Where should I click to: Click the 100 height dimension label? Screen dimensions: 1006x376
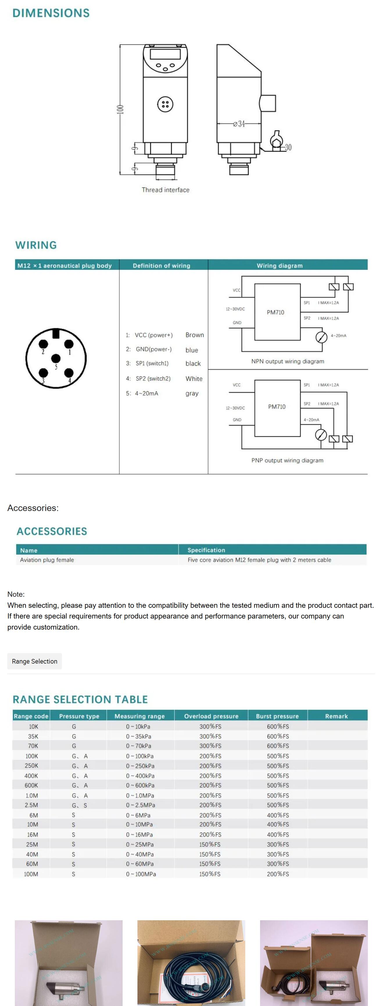pos(121,109)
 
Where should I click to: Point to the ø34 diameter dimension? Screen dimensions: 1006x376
pos(239,124)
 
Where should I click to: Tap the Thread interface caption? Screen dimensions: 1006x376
pos(166,190)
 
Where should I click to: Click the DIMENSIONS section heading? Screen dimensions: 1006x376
pos(51,13)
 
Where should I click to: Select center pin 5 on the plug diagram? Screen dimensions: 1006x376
pos(56,358)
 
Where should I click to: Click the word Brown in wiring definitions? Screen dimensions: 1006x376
pos(194,335)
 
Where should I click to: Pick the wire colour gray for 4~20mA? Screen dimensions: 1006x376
pos(192,393)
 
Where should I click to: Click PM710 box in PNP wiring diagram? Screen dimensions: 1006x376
pos(277,407)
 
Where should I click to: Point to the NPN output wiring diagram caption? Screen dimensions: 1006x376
pos(288,361)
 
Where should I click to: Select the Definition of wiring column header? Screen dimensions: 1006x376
pos(161,266)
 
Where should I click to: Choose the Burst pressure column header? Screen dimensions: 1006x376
pos(277,716)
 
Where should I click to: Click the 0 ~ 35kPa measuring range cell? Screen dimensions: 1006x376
pos(139,736)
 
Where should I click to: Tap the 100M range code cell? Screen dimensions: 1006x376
pos(31,874)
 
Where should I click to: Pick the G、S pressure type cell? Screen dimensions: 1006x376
pos(79,805)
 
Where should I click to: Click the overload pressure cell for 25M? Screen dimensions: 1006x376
pos(210,844)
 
